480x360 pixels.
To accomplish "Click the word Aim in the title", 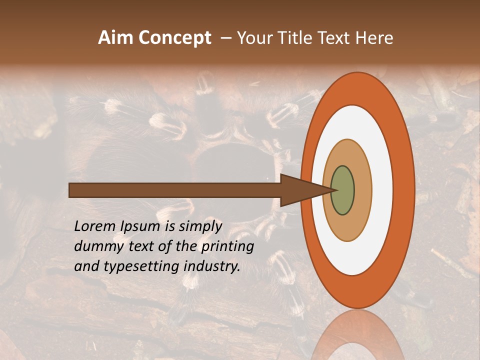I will click(116, 38).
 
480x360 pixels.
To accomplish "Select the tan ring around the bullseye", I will click(362, 190).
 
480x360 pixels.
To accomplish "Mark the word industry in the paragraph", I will click(212, 267).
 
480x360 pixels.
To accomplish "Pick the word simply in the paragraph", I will click(200, 227).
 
